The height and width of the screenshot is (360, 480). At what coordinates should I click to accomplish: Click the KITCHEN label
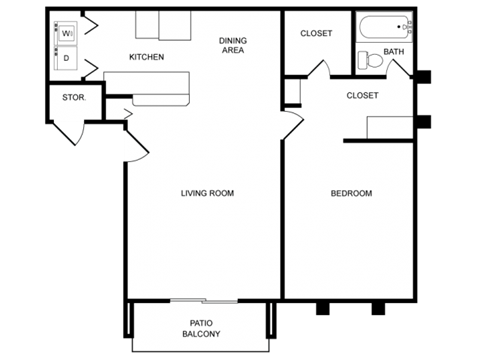pos(146,57)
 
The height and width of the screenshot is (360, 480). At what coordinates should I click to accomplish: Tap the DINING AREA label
pos(233,45)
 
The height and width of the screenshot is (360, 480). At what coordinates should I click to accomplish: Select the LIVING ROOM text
pos(207,193)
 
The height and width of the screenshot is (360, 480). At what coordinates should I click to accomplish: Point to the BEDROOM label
pos(351,193)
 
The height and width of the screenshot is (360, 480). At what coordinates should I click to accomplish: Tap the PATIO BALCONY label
pos(200,328)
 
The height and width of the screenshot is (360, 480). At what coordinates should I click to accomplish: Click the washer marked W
pos(67,34)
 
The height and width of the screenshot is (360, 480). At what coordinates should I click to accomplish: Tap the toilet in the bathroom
pos(372,60)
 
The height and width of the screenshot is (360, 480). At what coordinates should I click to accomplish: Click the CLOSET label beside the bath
pos(316,34)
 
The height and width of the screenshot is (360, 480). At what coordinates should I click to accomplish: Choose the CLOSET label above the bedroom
pos(361,96)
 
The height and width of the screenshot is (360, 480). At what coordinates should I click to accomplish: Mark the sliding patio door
pos(203,300)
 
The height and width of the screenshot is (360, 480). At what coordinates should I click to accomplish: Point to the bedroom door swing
pos(291,126)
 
